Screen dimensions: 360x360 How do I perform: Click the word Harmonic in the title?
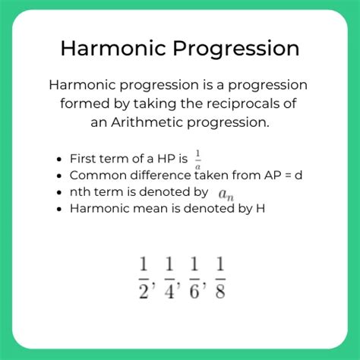[x=113, y=48]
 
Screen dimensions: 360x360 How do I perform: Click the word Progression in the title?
[x=236, y=49]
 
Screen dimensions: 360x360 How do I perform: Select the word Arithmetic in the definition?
[x=147, y=122]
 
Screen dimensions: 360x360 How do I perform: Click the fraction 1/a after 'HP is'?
[x=198, y=159]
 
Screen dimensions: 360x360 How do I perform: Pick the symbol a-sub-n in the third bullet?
[x=226, y=194]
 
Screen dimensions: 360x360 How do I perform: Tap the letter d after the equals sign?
[x=298, y=175]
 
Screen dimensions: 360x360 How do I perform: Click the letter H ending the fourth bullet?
[x=261, y=208]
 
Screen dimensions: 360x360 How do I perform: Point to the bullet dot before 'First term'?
[x=59, y=159]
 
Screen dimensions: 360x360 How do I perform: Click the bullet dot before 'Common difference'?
[x=59, y=176]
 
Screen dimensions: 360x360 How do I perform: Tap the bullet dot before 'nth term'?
[x=59, y=193]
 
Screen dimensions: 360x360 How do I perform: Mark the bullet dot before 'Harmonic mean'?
[x=59, y=209]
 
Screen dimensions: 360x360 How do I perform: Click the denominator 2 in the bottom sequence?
[x=144, y=292]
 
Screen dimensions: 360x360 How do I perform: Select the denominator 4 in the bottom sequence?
[x=169, y=292]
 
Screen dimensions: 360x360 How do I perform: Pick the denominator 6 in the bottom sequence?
[x=194, y=292]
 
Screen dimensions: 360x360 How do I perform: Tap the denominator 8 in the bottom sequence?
[x=220, y=292]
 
